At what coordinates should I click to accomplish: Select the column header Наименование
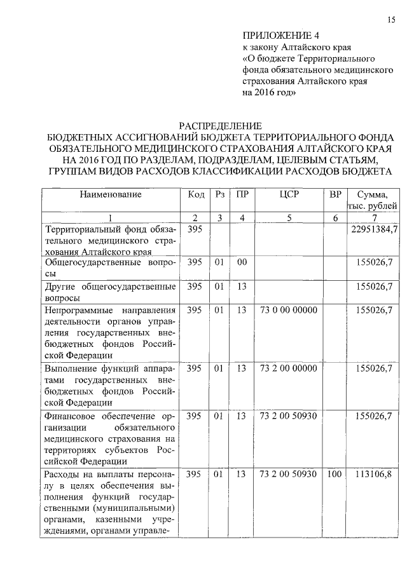pyautogui.click(x=110, y=194)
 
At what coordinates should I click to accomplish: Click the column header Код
pyautogui.click(x=196, y=194)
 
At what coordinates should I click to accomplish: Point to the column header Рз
pyautogui.click(x=220, y=194)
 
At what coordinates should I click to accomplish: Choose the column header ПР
pyautogui.click(x=242, y=194)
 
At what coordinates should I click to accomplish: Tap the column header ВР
pyautogui.click(x=335, y=194)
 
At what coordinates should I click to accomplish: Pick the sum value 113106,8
pyautogui.click(x=375, y=473)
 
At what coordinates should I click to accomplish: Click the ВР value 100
pyautogui.click(x=335, y=473)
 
